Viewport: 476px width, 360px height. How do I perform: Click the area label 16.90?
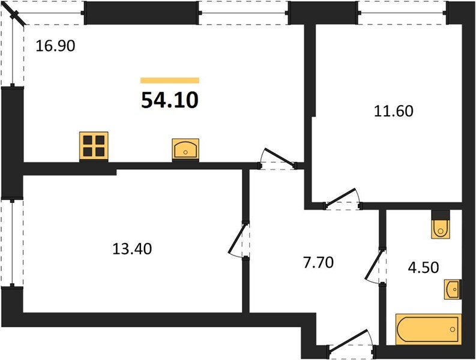(55, 46)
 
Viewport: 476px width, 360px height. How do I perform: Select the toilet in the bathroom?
(441, 226)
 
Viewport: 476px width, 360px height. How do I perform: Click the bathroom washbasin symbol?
(453, 290)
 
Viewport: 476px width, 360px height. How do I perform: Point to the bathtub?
(427, 328)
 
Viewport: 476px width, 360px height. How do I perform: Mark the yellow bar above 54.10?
(169, 80)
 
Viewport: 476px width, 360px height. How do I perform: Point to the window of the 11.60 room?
(403, 11)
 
